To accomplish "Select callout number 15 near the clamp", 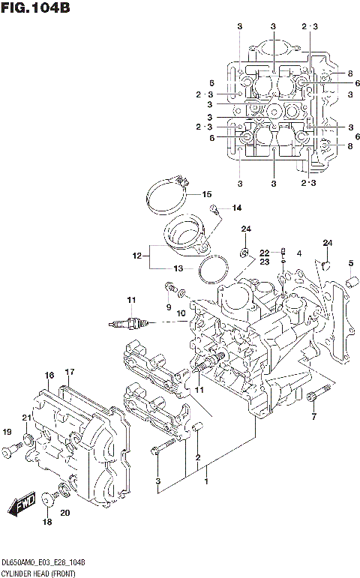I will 207,194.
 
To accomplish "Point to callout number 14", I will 237,208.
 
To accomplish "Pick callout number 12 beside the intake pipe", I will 136,256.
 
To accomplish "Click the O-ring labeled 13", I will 214,268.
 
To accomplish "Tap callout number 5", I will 350,262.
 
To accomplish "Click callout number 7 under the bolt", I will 313,417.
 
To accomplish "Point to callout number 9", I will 169,307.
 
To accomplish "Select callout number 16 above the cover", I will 49,375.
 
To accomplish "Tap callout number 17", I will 70,372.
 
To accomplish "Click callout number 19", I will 7,432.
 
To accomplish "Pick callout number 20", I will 64,513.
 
